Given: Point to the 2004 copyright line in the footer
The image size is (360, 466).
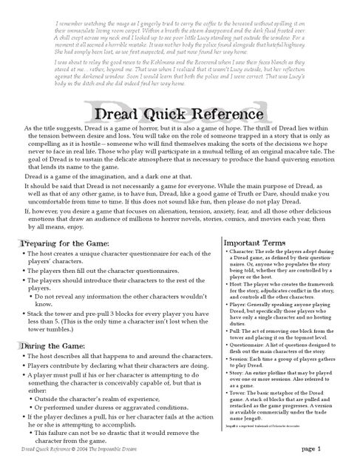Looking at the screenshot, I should [x=86, y=449].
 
